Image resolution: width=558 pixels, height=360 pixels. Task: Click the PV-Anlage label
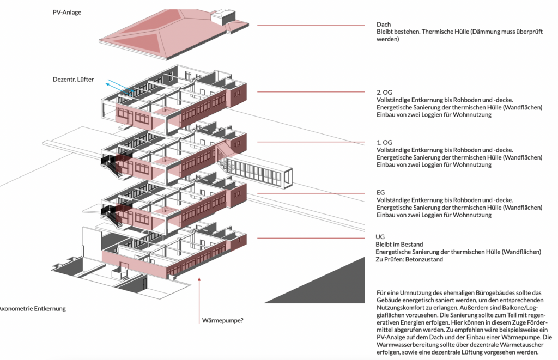click(67, 13)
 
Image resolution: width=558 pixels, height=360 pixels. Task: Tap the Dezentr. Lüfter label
click(74, 80)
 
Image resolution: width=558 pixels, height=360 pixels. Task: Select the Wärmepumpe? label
click(223, 320)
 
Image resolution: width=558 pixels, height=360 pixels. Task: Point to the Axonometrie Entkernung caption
click(33, 308)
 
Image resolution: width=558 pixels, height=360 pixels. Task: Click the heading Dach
click(384, 25)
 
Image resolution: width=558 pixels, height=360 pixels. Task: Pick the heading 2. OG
click(384, 93)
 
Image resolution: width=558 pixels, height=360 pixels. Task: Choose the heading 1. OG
click(384, 142)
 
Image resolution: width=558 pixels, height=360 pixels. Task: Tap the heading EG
click(380, 192)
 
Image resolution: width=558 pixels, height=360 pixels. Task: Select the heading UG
click(380, 237)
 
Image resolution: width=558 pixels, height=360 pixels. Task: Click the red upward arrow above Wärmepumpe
click(199, 301)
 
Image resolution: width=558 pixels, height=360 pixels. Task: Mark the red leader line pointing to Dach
click(311, 26)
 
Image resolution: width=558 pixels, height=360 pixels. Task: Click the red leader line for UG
click(311, 238)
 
